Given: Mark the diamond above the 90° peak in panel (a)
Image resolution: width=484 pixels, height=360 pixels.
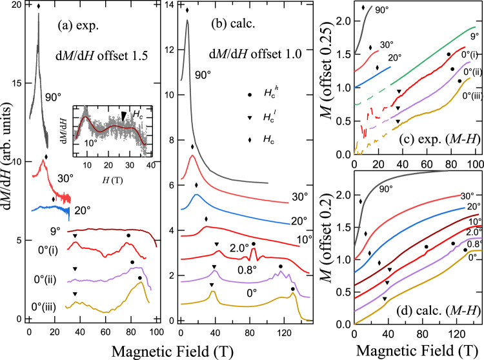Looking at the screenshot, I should pyautogui.click(x=38, y=7).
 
